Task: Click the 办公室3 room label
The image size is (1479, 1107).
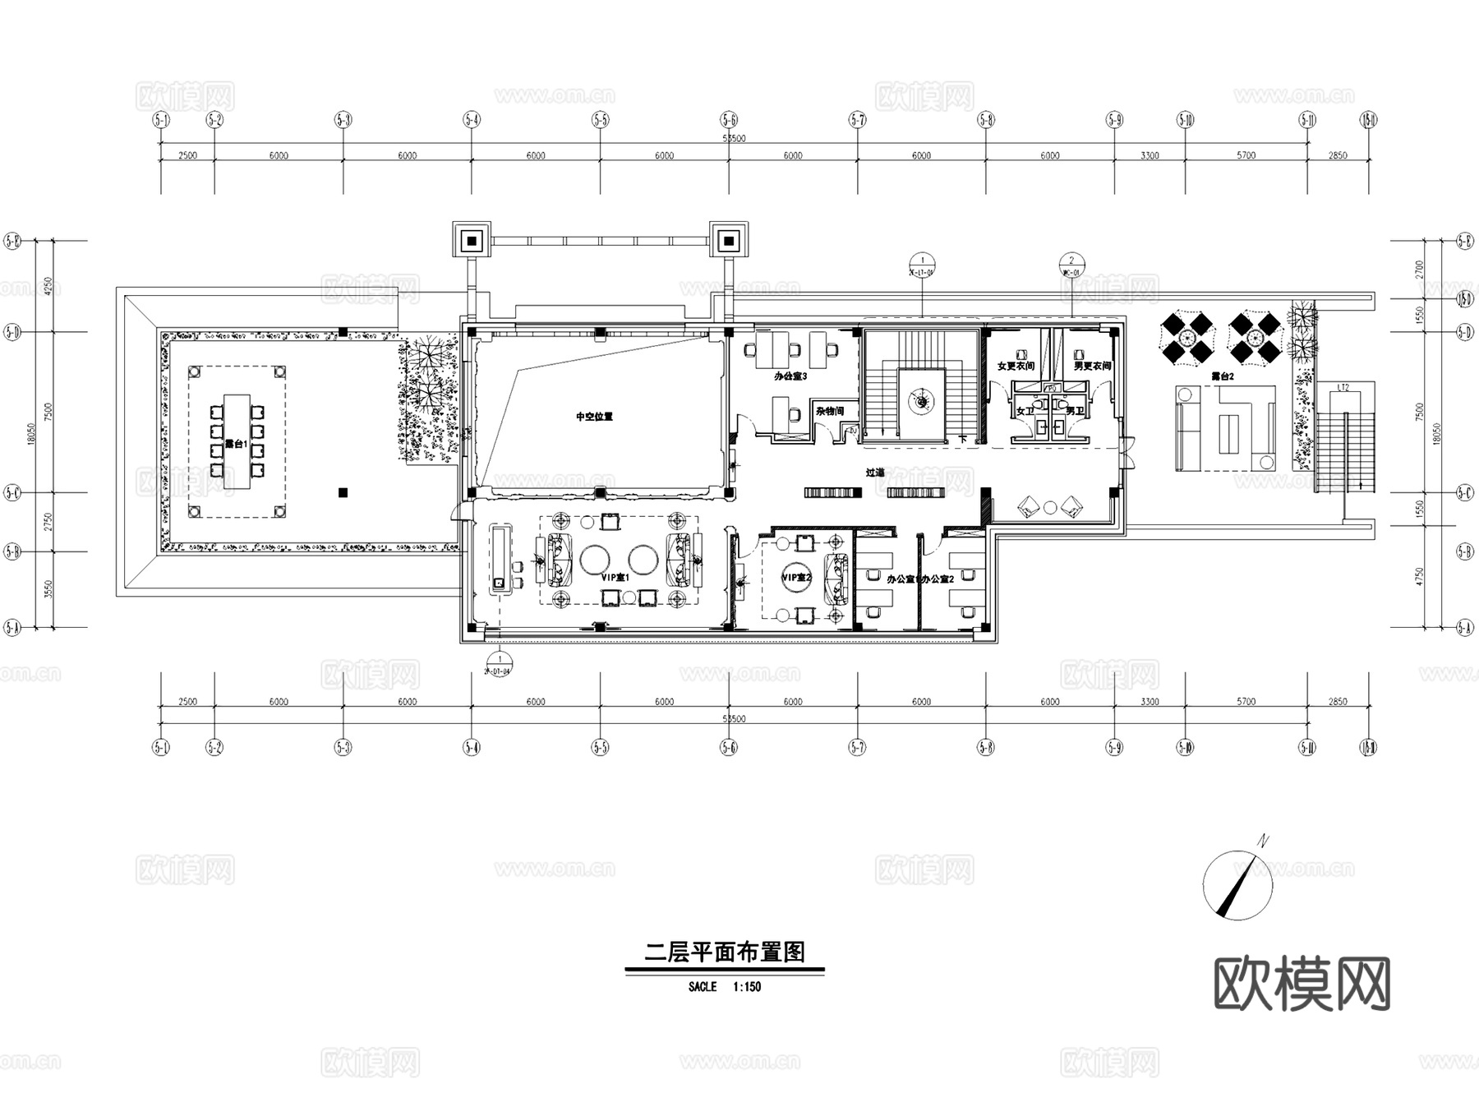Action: [x=790, y=376]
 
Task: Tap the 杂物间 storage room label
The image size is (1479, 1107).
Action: [x=830, y=411]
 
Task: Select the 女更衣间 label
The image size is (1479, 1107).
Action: [x=1016, y=367]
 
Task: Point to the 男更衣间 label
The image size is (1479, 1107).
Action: [x=1093, y=367]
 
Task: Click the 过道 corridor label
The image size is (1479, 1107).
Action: [x=875, y=473]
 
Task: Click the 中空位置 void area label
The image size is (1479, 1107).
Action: [x=594, y=417]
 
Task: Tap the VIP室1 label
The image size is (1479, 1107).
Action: [x=615, y=578]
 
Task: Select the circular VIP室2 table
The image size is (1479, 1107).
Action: [x=796, y=578]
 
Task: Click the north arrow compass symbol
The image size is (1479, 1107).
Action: [x=1237, y=886]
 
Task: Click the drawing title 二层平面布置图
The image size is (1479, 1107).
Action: [x=724, y=952]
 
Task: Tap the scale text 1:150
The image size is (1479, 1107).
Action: [x=746, y=987]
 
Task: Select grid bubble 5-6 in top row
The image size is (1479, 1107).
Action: [x=729, y=120]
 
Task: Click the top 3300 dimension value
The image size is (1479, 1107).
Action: [x=1150, y=155]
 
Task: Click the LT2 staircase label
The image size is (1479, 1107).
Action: [x=1343, y=387]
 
